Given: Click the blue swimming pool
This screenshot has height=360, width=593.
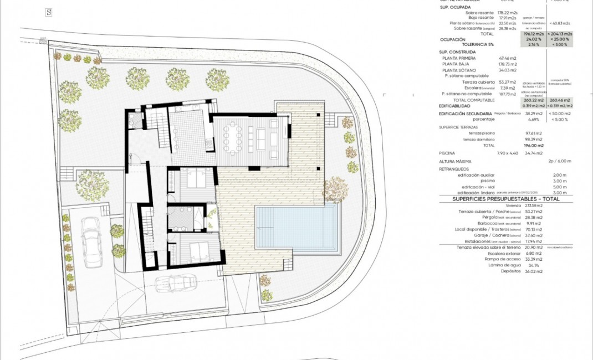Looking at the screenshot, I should [x=298, y=227].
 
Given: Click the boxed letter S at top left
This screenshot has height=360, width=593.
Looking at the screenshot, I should [x=49, y=12].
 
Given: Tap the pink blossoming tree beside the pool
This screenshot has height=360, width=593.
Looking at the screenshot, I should [x=335, y=189].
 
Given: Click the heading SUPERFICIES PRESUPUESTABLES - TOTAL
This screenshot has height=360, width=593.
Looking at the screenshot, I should [x=505, y=198].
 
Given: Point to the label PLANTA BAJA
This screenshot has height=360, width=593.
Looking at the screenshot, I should [x=456, y=64].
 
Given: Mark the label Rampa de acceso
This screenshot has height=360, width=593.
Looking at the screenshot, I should [x=502, y=259].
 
